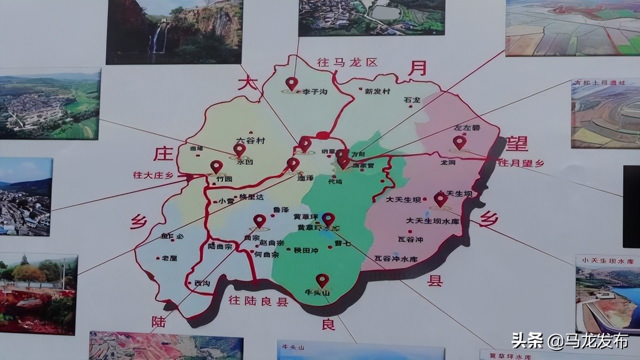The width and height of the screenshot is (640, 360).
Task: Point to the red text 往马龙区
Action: click(347, 63)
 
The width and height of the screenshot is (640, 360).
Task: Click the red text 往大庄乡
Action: click(153, 175)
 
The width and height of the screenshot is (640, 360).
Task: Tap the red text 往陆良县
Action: click(258, 301)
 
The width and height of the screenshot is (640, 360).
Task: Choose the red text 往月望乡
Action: click(521, 163)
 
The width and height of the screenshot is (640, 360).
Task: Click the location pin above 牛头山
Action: click(322, 279)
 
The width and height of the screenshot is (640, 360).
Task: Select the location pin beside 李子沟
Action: click(291, 83)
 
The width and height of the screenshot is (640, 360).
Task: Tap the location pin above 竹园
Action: click(216, 166)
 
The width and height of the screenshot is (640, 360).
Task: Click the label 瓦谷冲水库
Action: click(396, 259)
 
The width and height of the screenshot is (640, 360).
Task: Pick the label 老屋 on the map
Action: click(168, 258)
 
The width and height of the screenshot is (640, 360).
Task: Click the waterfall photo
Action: click(174, 32)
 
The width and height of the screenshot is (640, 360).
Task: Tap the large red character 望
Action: click(516, 143)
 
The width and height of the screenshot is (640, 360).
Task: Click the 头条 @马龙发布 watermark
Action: click(569, 341)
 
